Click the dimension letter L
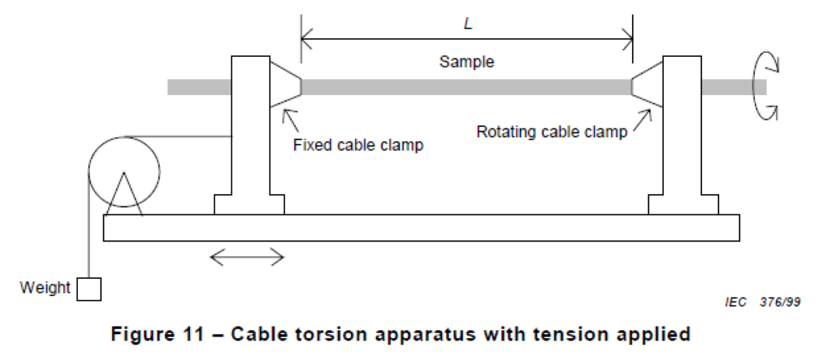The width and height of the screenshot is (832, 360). [467, 24]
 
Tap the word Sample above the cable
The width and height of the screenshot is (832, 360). [466, 62]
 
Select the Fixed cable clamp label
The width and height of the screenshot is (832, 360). [358, 145]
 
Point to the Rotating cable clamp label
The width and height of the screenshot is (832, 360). [552, 131]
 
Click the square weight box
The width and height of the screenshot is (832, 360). [89, 289]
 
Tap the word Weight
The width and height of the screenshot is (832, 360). [45, 288]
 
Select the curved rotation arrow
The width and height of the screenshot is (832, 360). [754, 86]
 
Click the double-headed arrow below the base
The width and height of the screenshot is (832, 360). [247, 258]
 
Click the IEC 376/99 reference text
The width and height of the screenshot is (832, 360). [762, 302]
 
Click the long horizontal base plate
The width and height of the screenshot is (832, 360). [422, 228]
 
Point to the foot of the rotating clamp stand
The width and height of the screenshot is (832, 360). [683, 205]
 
